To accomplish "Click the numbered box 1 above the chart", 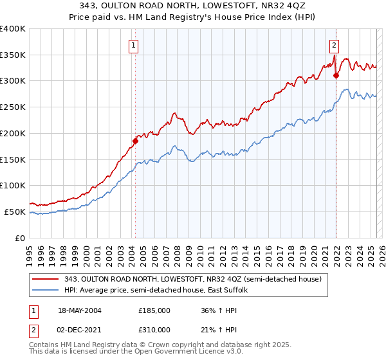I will pos(133,45).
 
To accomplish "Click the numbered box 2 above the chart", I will pos(335,45).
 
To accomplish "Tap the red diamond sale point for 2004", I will pos(135,141).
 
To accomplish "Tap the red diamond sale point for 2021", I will pos(336,75).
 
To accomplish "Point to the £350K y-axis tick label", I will pos(13,55).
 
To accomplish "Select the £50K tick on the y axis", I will pos(15,212).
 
